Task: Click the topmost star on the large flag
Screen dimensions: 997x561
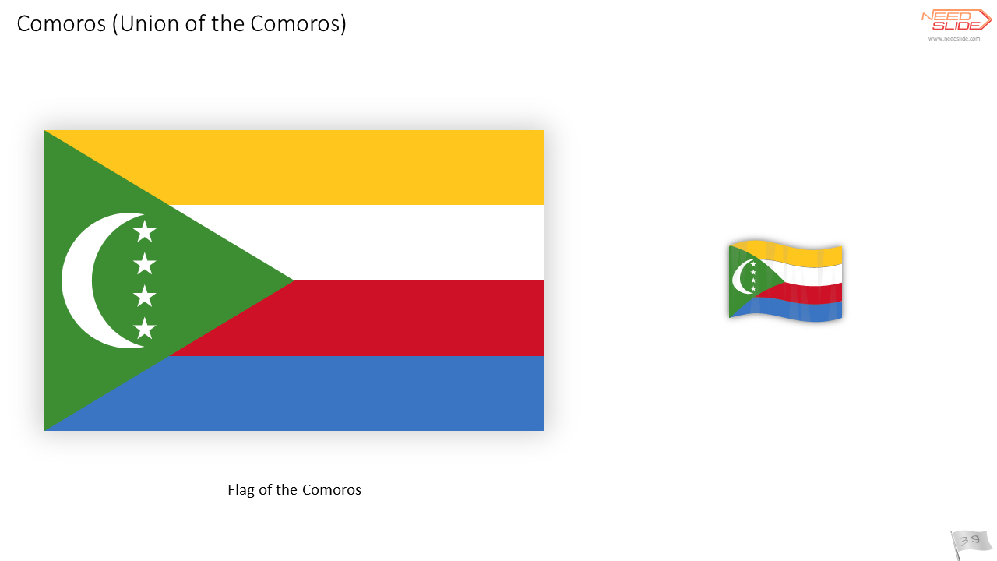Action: click(145, 231)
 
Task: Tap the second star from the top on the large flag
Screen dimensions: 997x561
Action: click(145, 264)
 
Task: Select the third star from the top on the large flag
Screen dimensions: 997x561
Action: click(145, 297)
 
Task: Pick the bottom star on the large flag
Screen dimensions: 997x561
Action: click(145, 329)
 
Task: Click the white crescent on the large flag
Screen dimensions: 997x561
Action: click(78, 280)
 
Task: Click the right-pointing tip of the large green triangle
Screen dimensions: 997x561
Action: click(294, 280)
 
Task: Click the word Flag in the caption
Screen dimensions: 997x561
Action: click(241, 490)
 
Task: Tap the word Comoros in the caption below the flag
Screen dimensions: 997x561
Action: click(332, 490)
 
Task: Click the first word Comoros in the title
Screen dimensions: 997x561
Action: click(62, 23)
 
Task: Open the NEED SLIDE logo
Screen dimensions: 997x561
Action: click(956, 20)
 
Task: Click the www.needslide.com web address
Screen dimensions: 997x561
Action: click(954, 39)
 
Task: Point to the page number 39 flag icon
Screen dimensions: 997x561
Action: click(971, 544)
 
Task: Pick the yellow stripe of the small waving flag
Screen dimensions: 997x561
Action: click(797, 254)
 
